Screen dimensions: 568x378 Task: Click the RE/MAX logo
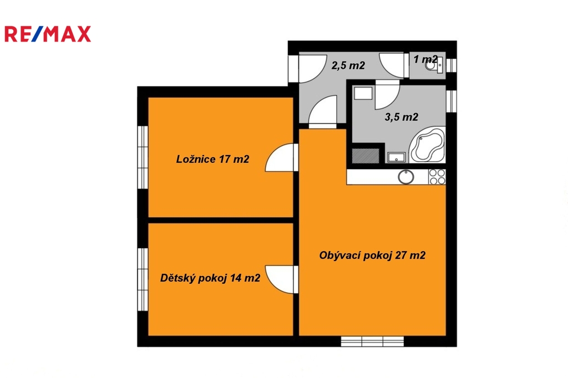pos(48,34)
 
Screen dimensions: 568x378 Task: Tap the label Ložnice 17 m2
pos(212,159)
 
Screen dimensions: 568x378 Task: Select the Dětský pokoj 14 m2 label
pos(210,278)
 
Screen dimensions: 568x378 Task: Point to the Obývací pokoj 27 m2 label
pos(372,256)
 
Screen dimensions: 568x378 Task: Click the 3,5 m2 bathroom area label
pos(402,117)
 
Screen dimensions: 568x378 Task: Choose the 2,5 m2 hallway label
pos(348,65)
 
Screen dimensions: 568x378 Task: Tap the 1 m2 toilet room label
pos(425,59)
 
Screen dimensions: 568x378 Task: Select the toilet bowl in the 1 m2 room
pos(432,67)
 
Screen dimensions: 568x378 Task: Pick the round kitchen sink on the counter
pos(406,177)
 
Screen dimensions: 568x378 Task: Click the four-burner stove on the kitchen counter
pos(437,177)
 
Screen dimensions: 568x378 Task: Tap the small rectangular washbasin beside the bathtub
pos(396,157)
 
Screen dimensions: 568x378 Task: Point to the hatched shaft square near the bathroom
pos(366,156)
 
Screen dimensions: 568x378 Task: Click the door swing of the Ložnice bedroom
pos(280,157)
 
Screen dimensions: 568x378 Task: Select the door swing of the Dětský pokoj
pos(280,279)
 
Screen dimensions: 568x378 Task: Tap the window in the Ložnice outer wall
pos(143,157)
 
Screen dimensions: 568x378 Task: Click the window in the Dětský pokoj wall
pos(143,279)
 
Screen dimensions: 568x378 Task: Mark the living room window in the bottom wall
pos(372,341)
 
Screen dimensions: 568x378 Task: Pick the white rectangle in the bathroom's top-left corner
pos(363,93)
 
